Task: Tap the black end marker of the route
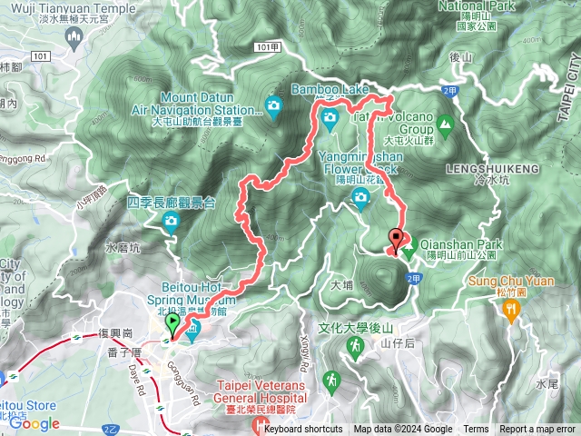396,239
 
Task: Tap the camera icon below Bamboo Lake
330,115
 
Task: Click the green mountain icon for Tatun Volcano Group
445,123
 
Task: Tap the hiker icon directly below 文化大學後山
331,377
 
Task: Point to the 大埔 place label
342,283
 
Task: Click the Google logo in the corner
34,423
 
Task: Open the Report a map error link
537,430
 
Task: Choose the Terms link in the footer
476,430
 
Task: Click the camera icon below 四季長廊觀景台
171,222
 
